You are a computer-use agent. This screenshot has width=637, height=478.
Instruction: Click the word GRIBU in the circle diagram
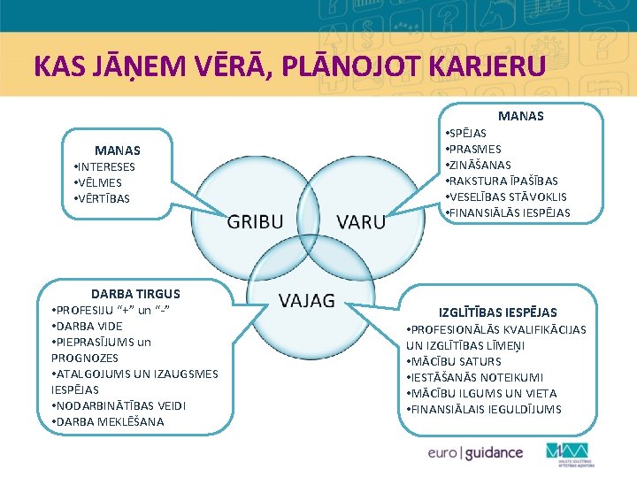[256, 220]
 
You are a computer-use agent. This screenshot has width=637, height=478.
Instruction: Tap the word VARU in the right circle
[361, 220]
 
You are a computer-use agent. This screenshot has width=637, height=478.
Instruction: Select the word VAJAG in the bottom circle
[307, 300]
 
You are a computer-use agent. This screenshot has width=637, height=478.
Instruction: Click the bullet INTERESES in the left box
[105, 166]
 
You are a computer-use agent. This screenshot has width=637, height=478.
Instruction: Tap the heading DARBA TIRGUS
[135, 293]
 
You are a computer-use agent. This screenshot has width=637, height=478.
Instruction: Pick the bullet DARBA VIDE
[88, 326]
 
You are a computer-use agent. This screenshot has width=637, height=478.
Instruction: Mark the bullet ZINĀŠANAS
[480, 165]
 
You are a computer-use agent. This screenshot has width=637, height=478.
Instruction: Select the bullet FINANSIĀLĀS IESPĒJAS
[509, 212]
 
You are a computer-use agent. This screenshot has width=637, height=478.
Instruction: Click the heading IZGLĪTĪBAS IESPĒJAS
[498, 312]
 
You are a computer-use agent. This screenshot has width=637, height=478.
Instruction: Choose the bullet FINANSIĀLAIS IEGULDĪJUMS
[484, 409]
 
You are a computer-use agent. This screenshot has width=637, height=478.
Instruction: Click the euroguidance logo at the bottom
[474, 452]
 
